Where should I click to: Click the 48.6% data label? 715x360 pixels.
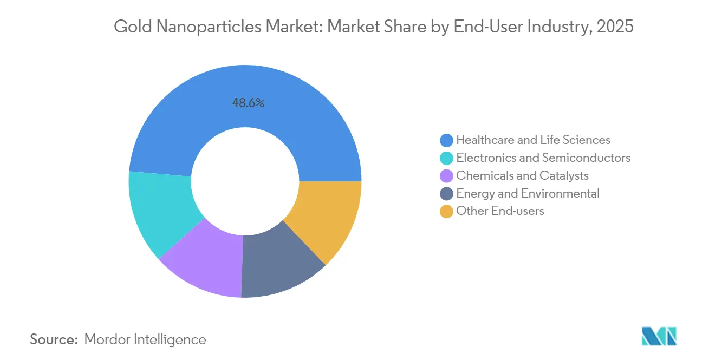coord(248,103)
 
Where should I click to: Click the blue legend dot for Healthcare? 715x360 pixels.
coord(446,140)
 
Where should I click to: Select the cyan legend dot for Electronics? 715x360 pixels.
coord(446,158)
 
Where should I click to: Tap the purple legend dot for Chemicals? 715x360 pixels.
coord(446,176)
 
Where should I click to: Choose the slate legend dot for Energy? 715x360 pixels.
coord(446,193)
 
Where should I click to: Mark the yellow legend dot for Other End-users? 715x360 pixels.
coord(446,211)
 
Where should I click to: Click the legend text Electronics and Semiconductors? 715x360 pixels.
coord(543,158)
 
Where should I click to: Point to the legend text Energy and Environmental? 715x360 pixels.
coord(528,193)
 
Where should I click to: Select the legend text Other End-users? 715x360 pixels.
coord(500,211)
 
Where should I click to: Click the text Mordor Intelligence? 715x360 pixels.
coord(145,339)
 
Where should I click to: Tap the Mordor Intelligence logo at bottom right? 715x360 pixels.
coord(659,336)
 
